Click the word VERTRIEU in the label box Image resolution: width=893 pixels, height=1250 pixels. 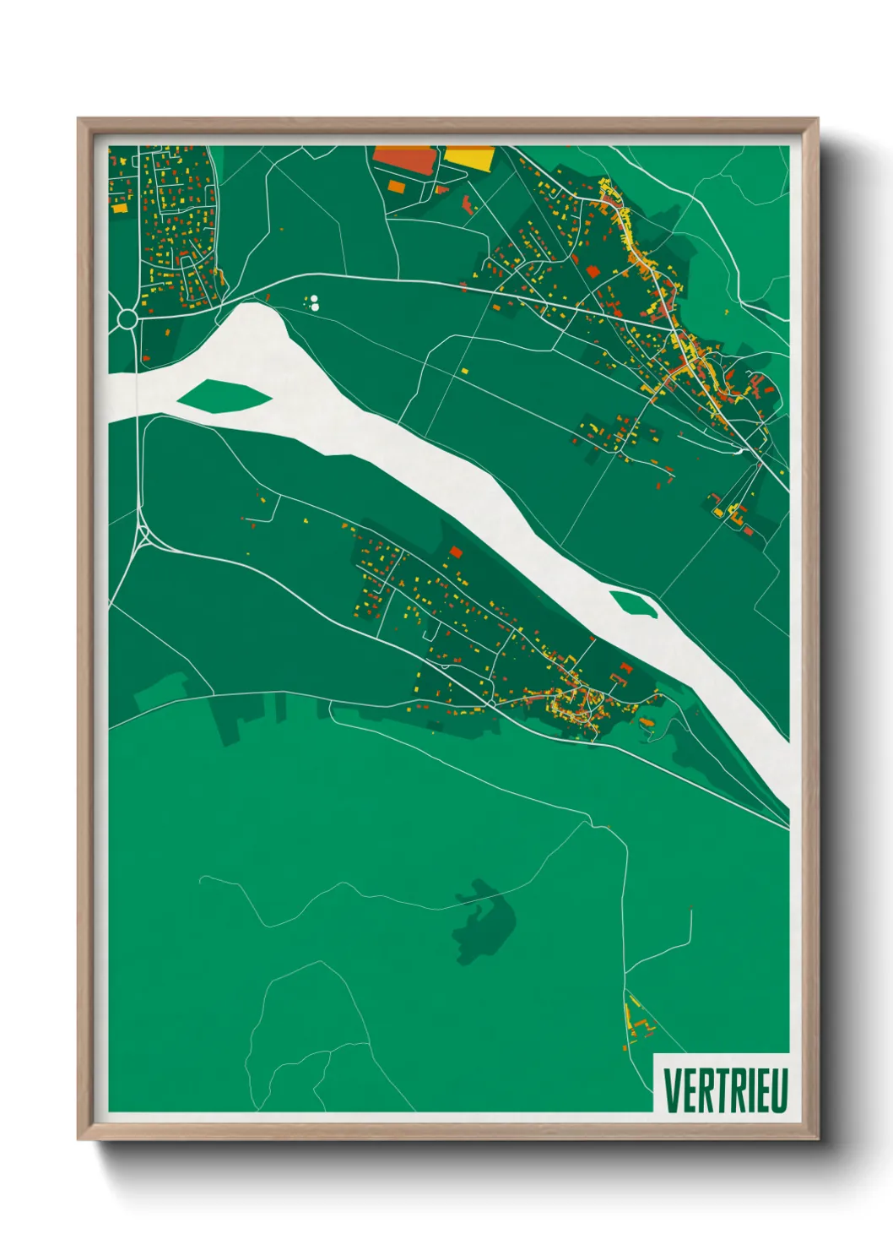pos(725,1090)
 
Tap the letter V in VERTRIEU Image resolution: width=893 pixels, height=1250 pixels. pos(672,1090)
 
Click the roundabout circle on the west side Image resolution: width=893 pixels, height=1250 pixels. pos(127,318)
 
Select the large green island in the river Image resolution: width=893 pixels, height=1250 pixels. pos(224,396)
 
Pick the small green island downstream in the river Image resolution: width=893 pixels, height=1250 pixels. pos(633,604)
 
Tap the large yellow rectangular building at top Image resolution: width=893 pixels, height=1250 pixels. pos(468,157)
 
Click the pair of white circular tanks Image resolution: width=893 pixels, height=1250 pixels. pos(314,302)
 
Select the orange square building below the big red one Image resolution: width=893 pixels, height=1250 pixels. pos(395,186)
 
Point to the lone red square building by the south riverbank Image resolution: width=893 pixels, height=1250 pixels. pos(456,552)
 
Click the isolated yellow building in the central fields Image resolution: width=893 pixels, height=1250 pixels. pos(463,370)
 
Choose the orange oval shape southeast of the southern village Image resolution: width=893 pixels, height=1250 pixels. pos(647,722)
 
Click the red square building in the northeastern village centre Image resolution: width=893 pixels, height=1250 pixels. pos(592,271)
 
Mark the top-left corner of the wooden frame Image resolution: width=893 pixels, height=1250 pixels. pos(78,119)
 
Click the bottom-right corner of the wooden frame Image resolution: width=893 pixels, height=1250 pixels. pos(817,1139)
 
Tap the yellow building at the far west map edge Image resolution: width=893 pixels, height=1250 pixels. pos(119,207)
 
